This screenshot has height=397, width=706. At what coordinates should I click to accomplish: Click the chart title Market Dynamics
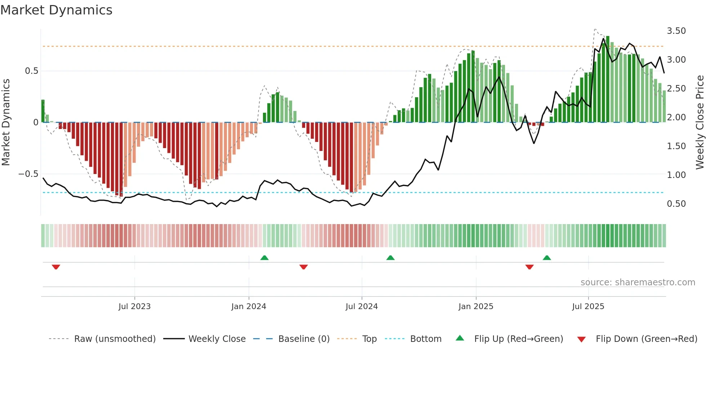coord(56,10)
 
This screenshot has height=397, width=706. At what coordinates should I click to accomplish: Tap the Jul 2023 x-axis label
coord(134,307)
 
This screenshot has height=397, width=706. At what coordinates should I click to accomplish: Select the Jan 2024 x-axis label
coord(249,307)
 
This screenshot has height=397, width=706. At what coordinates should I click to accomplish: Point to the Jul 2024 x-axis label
coord(362,307)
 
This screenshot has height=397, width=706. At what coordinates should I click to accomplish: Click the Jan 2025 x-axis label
coord(476,307)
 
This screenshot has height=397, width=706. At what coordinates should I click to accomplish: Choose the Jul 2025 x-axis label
coord(588,307)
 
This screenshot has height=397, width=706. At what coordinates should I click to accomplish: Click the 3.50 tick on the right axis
coord(676,31)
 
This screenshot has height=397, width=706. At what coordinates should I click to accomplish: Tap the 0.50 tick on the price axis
coord(676,204)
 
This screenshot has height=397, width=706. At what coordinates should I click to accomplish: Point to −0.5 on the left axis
coord(28,174)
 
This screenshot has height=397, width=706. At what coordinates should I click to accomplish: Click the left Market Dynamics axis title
coord(6,122)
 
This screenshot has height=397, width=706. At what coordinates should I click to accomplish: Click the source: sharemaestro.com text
coord(638,282)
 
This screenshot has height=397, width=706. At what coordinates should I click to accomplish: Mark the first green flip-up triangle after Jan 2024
coord(264,258)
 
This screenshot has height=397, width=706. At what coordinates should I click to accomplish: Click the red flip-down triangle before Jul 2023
coord(56,267)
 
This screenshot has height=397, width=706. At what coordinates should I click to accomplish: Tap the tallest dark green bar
coord(608,79)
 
